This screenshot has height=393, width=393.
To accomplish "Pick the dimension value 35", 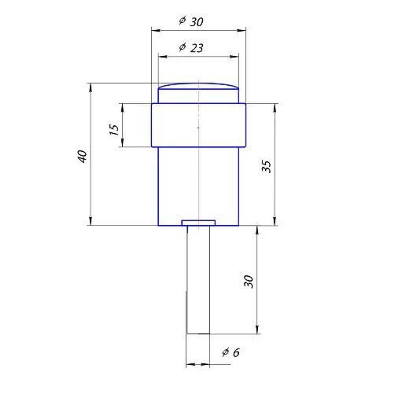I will click(267, 167).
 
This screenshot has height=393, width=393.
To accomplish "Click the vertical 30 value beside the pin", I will click(248, 281).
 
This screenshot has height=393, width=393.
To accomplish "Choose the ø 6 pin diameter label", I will click(231, 353).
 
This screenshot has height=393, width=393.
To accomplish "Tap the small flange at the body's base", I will click(198, 223).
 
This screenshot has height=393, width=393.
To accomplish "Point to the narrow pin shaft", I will click(198, 279).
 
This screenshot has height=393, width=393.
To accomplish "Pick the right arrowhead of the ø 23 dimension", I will click(236, 57).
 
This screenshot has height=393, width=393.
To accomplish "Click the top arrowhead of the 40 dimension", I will click(91, 86).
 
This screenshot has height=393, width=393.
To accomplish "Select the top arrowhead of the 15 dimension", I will click(123, 106).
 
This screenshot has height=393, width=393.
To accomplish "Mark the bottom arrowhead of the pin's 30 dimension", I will click(257, 331).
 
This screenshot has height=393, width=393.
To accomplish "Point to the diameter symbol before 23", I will click(182, 47).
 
